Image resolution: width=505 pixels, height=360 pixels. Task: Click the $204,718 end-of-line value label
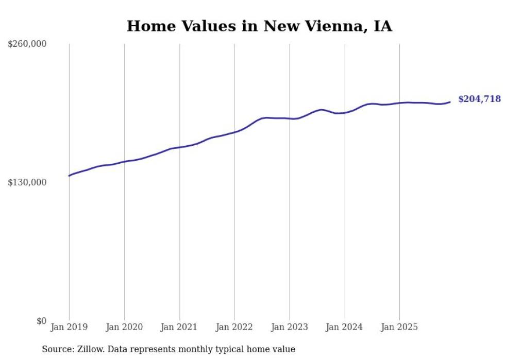coord(479,99)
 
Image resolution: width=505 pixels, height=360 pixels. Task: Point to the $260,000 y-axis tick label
coord(27,44)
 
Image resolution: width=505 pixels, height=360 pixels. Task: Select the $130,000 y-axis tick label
coord(27,182)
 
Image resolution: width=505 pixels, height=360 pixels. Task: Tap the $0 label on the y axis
coord(41,321)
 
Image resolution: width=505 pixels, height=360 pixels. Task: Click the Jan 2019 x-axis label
coord(69,327)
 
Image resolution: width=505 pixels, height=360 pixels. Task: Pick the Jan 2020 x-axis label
coord(124,327)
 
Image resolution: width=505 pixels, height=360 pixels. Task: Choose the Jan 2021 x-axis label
coord(179,327)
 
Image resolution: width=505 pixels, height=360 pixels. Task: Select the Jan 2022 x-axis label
coord(234,327)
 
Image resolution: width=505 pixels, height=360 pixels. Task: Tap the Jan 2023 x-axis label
coord(290,327)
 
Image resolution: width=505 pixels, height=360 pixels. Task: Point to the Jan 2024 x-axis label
coord(345,327)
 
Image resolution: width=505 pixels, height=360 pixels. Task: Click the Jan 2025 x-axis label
coord(399,327)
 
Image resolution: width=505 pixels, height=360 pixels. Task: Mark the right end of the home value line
coord(450,102)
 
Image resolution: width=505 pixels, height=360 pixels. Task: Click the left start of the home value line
coord(69,176)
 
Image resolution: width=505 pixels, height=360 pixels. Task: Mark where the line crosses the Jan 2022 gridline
coord(234,132)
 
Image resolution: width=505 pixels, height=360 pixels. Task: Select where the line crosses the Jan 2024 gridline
coord(345,113)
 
